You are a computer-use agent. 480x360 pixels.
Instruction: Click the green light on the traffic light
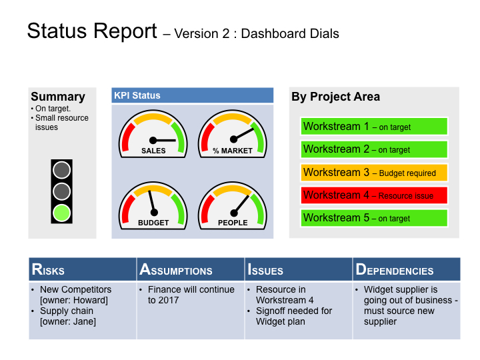(x=62, y=213)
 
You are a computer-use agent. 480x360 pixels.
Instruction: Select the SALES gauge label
(x=153, y=151)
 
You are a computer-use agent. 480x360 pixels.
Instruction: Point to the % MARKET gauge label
(x=233, y=151)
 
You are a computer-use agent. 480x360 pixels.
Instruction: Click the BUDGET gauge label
(x=153, y=223)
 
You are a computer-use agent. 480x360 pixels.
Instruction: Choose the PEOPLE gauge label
(x=233, y=223)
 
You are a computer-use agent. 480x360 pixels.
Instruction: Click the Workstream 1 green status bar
(x=374, y=127)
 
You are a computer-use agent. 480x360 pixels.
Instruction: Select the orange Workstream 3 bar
(x=374, y=173)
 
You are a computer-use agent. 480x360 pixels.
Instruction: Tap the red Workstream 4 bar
(x=374, y=195)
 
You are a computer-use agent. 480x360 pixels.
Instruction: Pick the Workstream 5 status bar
(x=374, y=218)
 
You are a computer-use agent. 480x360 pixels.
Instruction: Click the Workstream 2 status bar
(x=374, y=149)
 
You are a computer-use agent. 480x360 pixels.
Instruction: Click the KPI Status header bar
(x=193, y=95)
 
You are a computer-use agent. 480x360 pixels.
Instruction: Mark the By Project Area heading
(x=336, y=97)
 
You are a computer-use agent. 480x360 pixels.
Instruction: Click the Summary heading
(x=58, y=97)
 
